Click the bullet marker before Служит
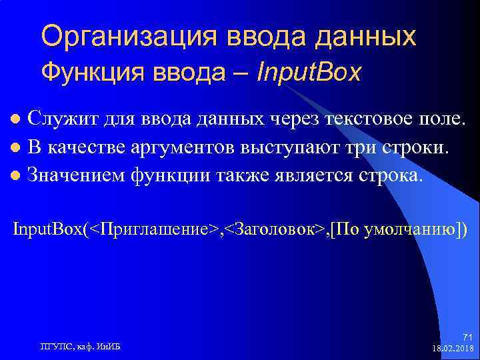(x=18, y=120)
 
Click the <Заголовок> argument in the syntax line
(x=276, y=229)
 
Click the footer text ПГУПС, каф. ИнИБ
(x=85, y=345)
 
